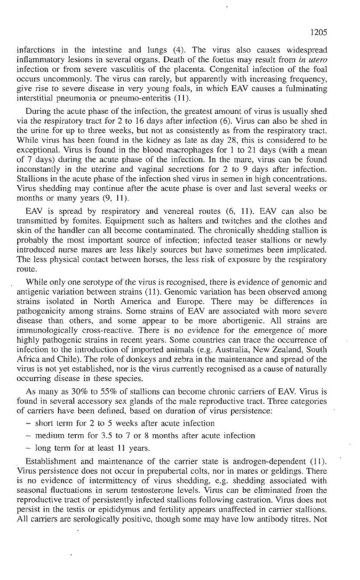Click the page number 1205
318,32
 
